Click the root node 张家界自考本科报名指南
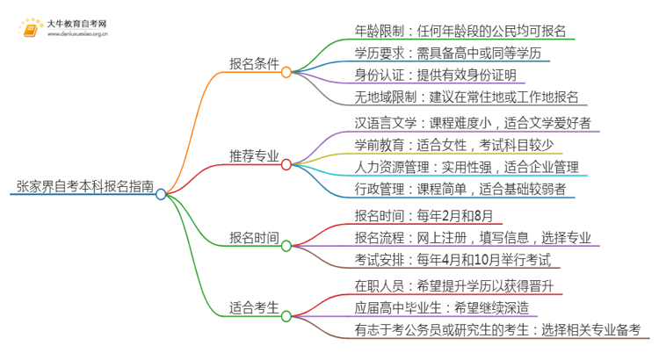click(x=85, y=186)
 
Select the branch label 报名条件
click(x=254, y=66)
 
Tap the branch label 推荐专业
click(x=254, y=156)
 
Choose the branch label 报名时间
click(x=254, y=237)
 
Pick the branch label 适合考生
click(x=254, y=307)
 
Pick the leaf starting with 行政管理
click(x=460, y=189)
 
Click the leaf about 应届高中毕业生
click(x=453, y=307)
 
